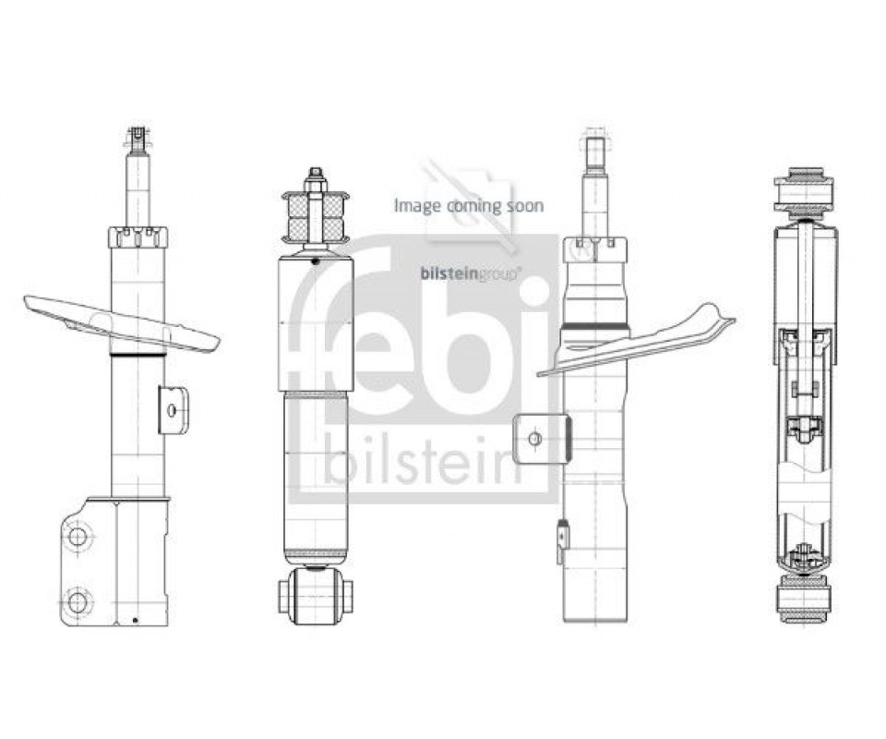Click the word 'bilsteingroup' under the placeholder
(469, 274)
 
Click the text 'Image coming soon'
(469, 205)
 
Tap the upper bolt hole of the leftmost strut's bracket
(77, 536)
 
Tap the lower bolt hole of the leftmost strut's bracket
(77, 600)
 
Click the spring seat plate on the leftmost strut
(122, 321)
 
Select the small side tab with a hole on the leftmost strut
(173, 410)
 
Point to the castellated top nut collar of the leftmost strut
(138, 236)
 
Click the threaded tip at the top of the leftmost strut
(138, 139)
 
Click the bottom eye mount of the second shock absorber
(316, 596)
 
